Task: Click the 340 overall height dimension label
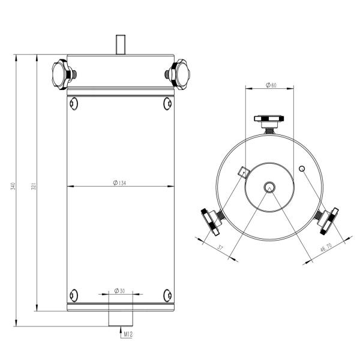click(x=13, y=186)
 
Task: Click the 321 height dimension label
click(x=34, y=186)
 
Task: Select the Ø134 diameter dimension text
click(x=119, y=183)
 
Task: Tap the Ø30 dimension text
click(x=119, y=290)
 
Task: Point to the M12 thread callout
click(x=128, y=334)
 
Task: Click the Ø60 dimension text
click(x=271, y=85)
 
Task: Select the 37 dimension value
click(x=220, y=248)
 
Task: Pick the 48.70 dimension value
click(x=326, y=248)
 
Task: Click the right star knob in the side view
click(x=179, y=74)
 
